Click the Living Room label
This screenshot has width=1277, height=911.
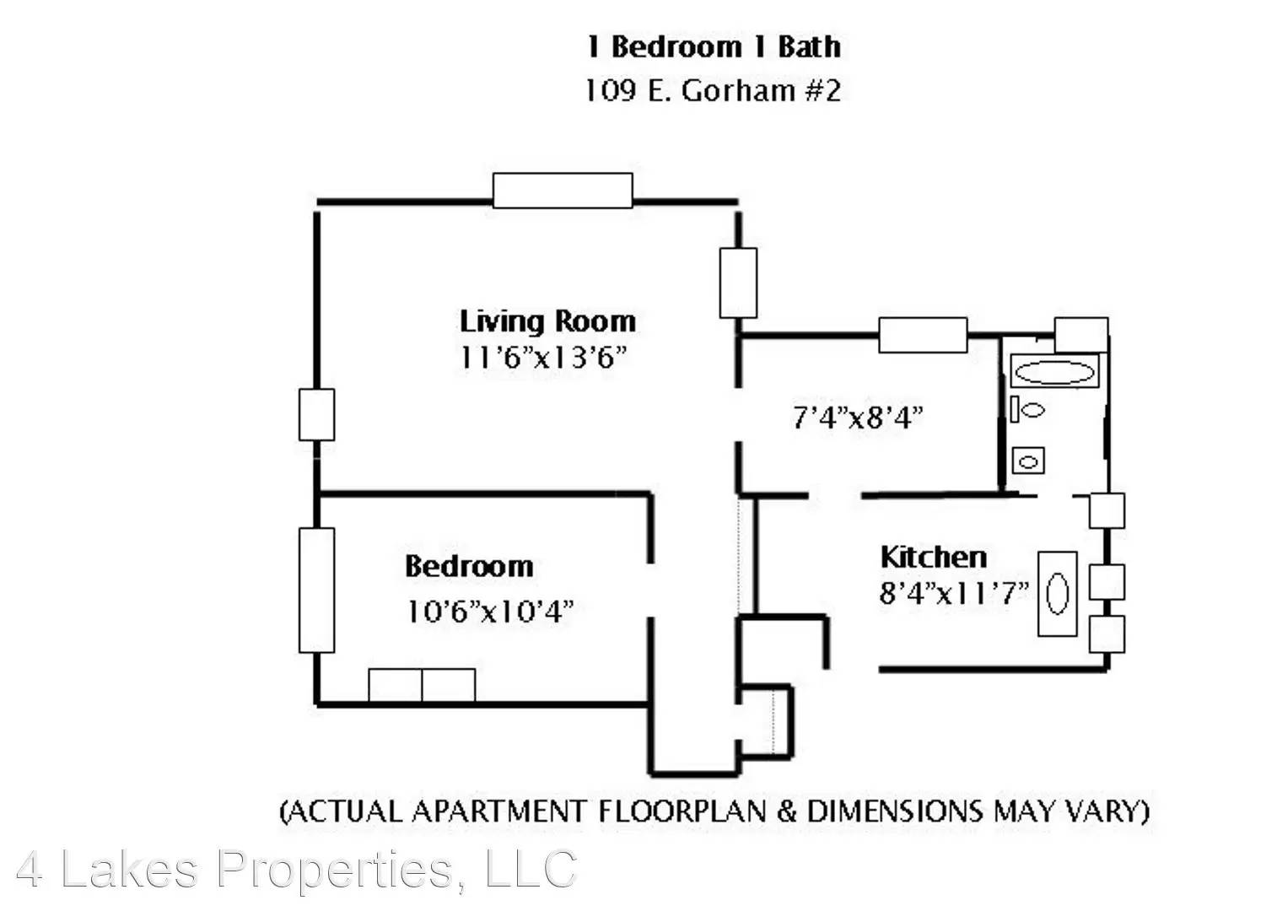tap(547, 321)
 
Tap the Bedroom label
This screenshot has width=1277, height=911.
tap(469, 566)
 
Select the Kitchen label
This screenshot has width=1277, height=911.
tap(933, 557)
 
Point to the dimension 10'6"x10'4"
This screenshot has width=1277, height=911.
tap(489, 612)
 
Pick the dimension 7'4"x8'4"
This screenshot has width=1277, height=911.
tap(858, 418)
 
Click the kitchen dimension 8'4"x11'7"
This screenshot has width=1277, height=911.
tap(954, 593)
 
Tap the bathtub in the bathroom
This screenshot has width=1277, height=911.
tap(1054, 371)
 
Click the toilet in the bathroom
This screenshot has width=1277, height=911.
tap(1027, 409)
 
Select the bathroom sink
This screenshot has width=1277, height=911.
tap(1028, 461)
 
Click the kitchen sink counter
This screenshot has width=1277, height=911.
tap(1058, 594)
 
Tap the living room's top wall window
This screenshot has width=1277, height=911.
tap(563, 191)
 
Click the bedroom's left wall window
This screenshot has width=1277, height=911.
tap(317, 590)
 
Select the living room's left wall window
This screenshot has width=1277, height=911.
tap(317, 414)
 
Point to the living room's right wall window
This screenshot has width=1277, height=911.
tap(738, 283)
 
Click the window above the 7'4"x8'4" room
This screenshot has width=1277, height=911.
tap(923, 335)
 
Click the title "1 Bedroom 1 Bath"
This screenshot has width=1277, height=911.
tap(714, 46)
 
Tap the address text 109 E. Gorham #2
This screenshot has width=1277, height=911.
tap(713, 90)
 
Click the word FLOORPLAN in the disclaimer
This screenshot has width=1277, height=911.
tap(682, 811)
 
